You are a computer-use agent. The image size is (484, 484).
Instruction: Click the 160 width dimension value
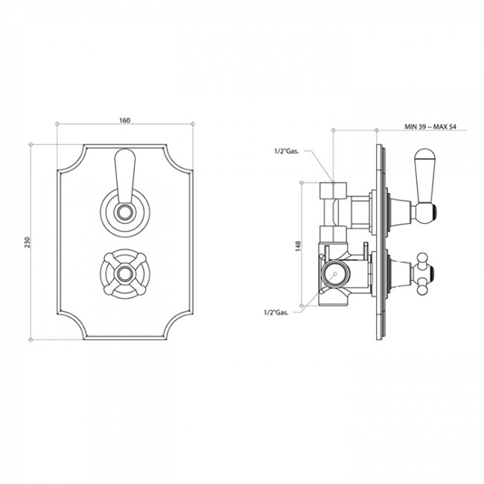(124, 120)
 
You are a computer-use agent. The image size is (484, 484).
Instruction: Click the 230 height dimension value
(28, 242)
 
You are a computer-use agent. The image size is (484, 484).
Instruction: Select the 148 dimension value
(298, 246)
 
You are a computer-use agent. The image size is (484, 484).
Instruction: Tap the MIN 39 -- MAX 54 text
(430, 127)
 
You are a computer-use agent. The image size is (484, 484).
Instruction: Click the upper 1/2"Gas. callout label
(287, 151)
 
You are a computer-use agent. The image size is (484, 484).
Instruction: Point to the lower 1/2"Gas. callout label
(276, 312)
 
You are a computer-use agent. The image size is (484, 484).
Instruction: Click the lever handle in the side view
(424, 186)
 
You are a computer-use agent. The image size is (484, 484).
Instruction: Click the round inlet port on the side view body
(335, 274)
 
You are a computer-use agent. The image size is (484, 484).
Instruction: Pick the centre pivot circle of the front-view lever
(125, 212)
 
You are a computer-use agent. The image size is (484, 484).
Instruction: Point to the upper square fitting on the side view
(333, 190)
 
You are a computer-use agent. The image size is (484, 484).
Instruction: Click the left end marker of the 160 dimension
(57, 124)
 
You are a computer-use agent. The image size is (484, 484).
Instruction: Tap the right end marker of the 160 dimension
(193, 124)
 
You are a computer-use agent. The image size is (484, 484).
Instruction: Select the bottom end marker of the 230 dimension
(31, 340)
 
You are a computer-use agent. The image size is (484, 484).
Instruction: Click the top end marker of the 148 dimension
(302, 182)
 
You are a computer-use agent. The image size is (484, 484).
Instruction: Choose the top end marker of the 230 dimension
(31, 144)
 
